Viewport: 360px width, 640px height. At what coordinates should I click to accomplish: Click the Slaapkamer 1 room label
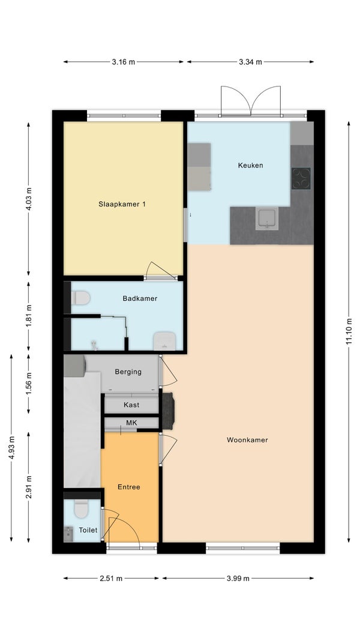[122, 204]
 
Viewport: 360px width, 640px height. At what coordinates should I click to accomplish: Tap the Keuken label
[250, 165]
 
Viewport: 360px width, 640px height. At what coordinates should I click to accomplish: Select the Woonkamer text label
[247, 440]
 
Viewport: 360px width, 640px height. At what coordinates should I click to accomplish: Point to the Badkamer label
[140, 298]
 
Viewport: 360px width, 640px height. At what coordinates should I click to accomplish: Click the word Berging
[128, 372]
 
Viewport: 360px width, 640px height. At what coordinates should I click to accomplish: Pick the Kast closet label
[131, 405]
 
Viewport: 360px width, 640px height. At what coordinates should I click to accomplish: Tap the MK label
[131, 423]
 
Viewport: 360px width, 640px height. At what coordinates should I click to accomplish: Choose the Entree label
[129, 487]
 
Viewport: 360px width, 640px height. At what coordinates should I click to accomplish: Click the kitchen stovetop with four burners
[301, 178]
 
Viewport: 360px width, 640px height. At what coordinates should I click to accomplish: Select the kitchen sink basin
[267, 218]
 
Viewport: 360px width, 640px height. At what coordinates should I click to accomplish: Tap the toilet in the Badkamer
[80, 298]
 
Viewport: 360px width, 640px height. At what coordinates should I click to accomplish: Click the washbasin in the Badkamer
[164, 341]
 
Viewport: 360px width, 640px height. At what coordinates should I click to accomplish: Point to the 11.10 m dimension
[349, 331]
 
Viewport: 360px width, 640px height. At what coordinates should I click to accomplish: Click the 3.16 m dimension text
[123, 62]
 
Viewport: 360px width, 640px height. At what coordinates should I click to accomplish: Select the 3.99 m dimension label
[238, 578]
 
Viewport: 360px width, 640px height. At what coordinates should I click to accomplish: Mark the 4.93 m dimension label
[11, 448]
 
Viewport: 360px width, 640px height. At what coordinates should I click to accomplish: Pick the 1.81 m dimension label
[29, 316]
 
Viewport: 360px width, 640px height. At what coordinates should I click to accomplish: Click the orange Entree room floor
[130, 506]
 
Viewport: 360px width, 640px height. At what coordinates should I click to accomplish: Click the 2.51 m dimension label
[112, 578]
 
